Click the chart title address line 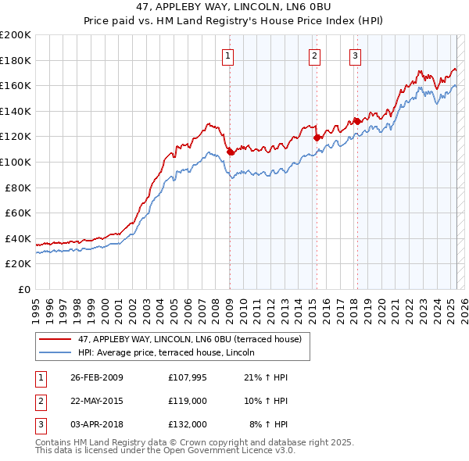[234, 8]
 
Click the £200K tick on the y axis [16, 35]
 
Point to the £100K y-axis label [16, 162]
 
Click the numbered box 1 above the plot [227, 55]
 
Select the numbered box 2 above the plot [314, 55]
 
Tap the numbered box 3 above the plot [355, 55]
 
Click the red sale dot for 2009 [231, 152]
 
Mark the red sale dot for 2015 [317, 138]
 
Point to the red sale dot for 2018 [356, 121]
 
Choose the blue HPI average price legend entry [173, 352]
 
